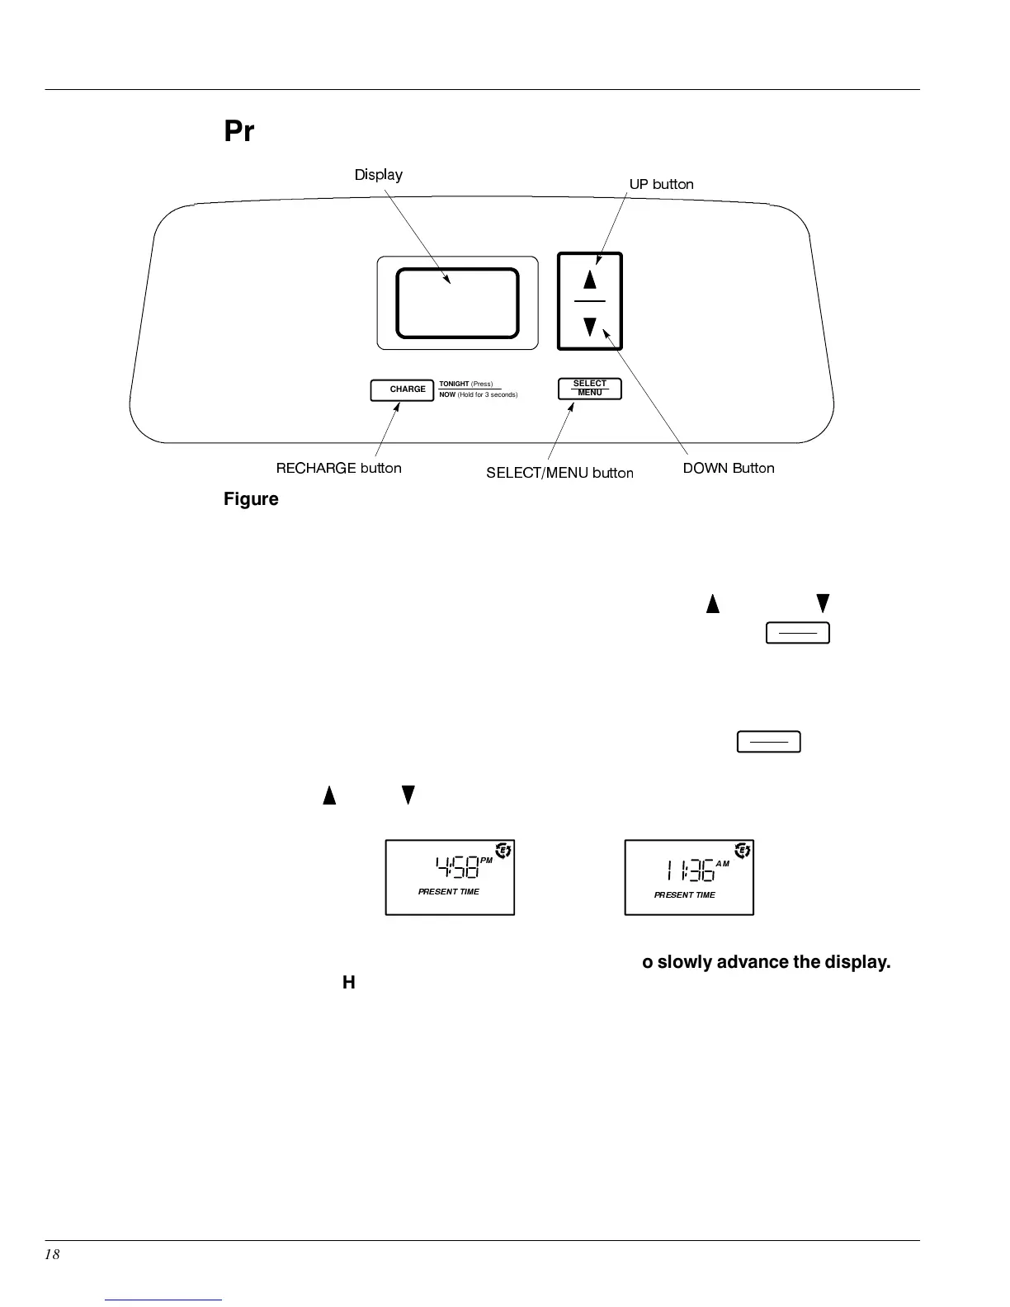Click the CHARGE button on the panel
[x=402, y=389]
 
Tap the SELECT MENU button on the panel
[x=589, y=388]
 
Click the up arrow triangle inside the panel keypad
[x=589, y=279]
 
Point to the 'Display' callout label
[x=378, y=175]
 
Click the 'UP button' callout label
[x=661, y=184]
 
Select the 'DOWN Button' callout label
[x=728, y=468]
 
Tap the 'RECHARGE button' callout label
[x=338, y=468]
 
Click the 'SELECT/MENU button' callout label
[x=559, y=473]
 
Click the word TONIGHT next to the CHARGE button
[x=454, y=384]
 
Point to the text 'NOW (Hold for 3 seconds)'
[x=478, y=395]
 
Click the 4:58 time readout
[x=456, y=868]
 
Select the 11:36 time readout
[x=690, y=871]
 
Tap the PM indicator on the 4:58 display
[x=486, y=861]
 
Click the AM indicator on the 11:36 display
[x=722, y=864]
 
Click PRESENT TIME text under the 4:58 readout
[x=448, y=892]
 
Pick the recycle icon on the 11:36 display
[x=742, y=851]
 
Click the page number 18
[x=52, y=1254]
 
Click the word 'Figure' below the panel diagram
[x=251, y=499]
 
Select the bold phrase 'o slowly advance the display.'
[x=766, y=963]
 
